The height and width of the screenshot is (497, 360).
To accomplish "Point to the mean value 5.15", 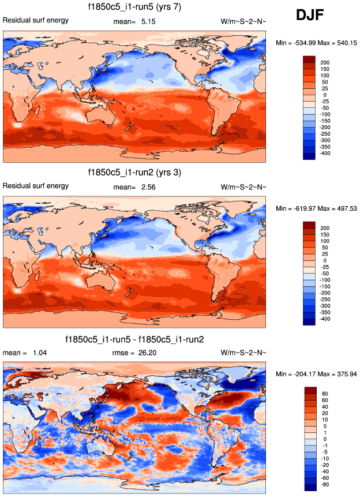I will coord(148,22).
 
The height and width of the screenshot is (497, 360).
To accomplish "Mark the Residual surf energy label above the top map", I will coord(36,21).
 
